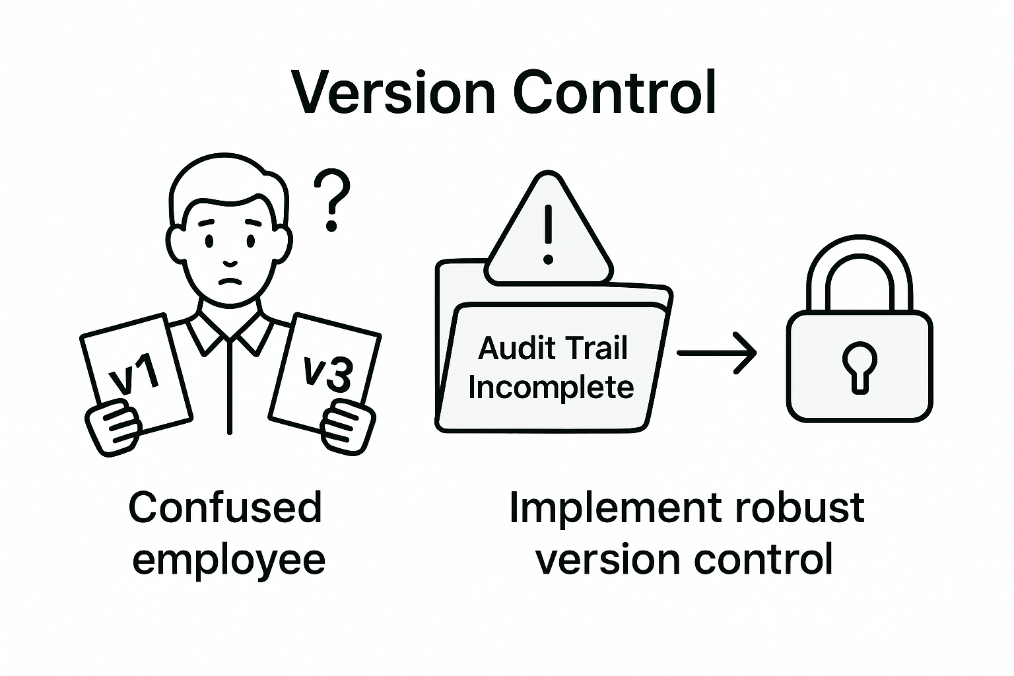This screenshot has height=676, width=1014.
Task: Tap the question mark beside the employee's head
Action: tap(331, 200)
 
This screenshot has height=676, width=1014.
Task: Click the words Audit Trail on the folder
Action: tap(553, 348)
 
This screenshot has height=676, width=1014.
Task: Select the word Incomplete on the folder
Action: tap(551, 387)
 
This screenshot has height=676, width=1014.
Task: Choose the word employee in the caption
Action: tap(228, 559)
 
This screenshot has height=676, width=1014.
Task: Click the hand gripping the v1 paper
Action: tap(114, 429)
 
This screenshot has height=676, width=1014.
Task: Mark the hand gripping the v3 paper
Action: tap(347, 428)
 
